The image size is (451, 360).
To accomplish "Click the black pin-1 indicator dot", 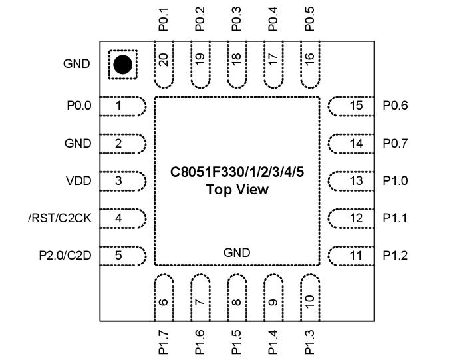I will [122, 65].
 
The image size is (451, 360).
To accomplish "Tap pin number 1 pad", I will [123, 106].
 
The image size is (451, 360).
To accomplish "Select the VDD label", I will [78, 180].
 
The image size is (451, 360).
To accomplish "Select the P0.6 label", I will [395, 106].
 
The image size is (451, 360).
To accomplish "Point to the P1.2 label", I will [395, 255].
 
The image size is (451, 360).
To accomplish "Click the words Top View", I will [237, 190].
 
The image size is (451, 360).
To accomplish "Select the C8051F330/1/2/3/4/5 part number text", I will [237, 173].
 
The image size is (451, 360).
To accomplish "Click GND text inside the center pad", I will [237, 252].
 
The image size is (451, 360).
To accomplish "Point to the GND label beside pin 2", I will [78, 143].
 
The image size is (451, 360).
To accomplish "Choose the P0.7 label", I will [395, 143].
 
